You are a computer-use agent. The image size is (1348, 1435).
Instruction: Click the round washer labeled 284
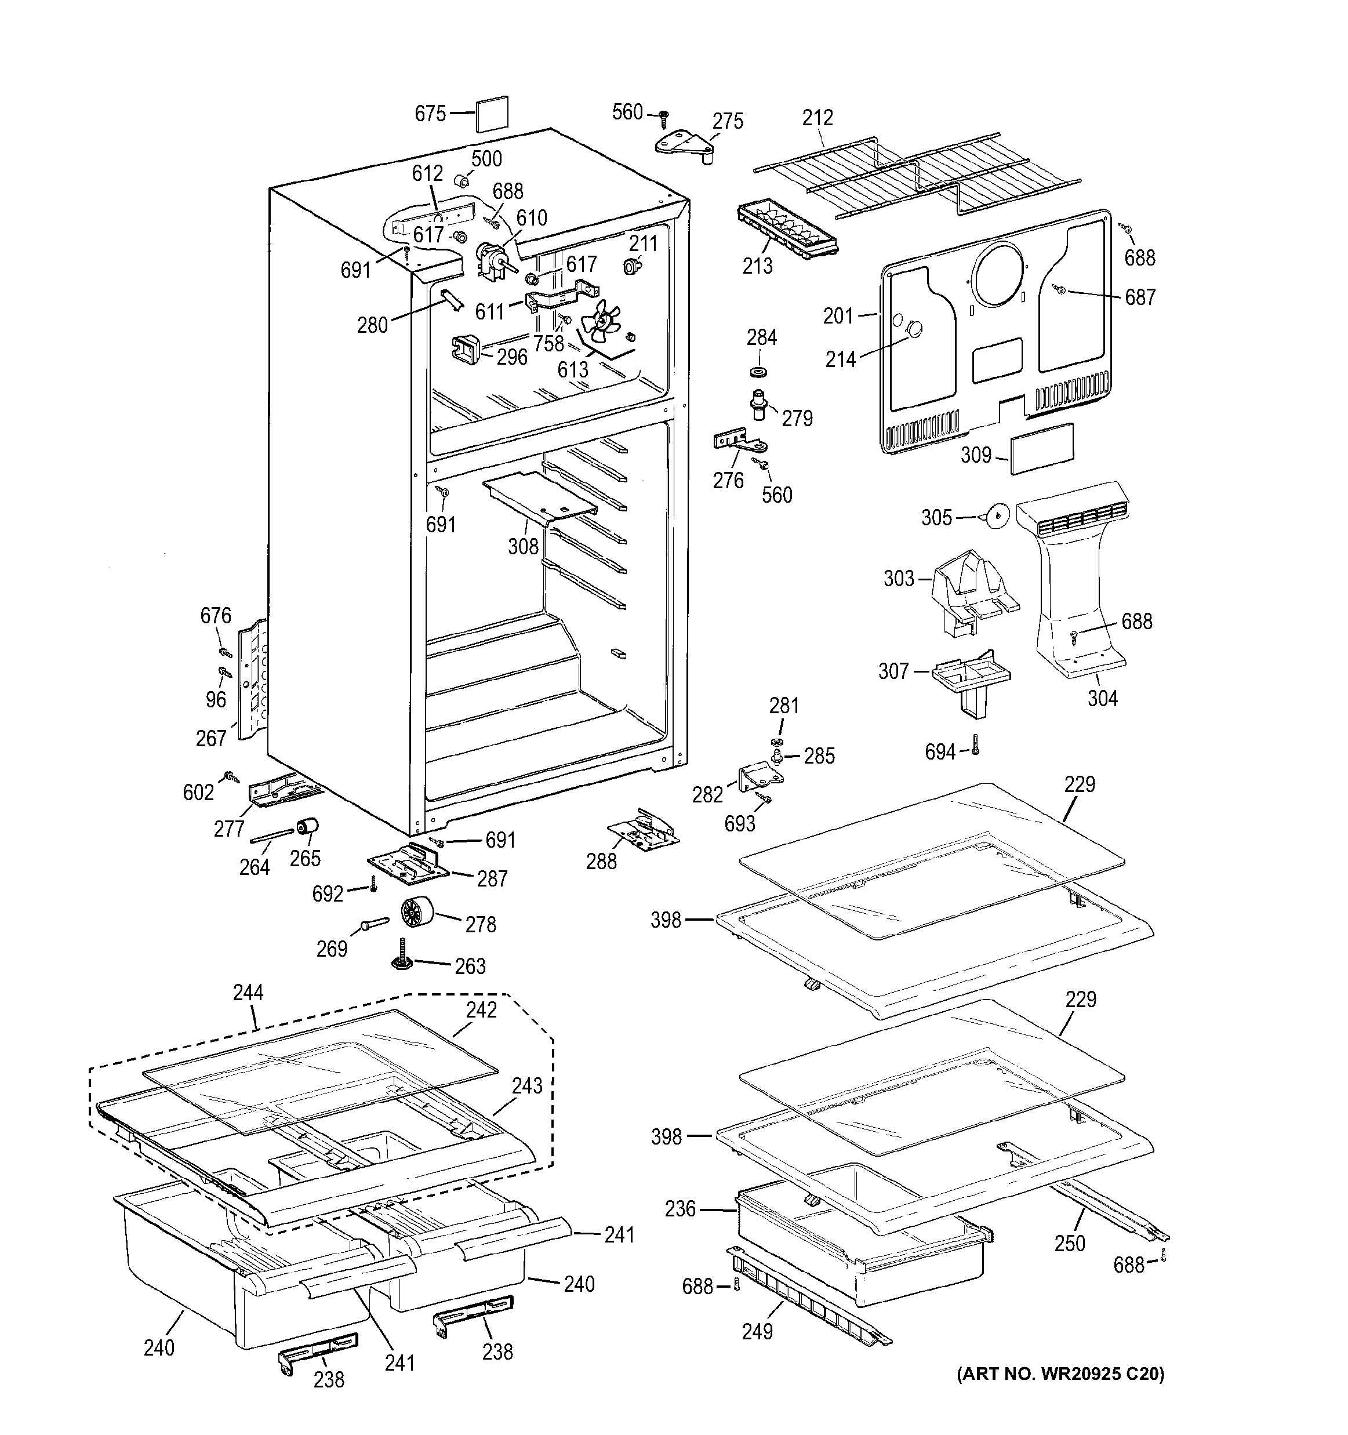click(x=758, y=372)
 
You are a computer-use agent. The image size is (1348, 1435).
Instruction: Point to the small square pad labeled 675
click(x=492, y=113)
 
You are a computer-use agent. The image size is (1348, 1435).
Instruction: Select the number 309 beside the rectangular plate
click(x=976, y=456)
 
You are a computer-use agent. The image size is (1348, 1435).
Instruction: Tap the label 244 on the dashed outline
click(x=248, y=993)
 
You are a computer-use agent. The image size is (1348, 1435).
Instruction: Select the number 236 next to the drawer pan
click(x=681, y=1209)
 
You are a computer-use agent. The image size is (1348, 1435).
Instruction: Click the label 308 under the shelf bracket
click(x=523, y=546)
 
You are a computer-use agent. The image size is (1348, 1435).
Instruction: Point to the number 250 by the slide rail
click(x=1070, y=1243)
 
